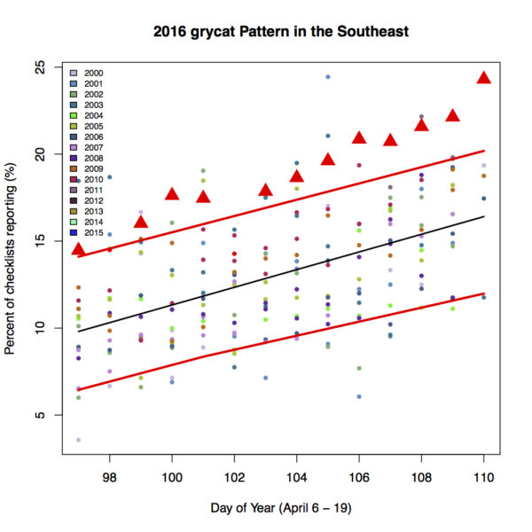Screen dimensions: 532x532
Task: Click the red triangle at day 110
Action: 483,78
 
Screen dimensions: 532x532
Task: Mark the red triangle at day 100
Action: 172,194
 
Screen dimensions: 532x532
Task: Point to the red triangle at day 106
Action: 359,137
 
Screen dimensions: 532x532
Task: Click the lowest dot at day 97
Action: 78,440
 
